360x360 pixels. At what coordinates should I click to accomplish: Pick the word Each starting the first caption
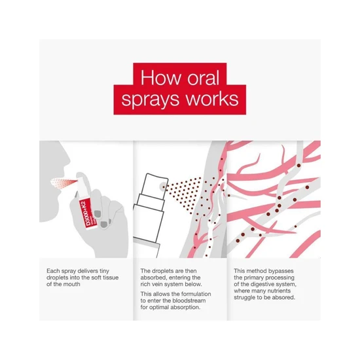[x=54, y=270]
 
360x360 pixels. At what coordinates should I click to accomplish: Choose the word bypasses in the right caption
[x=279, y=270]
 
